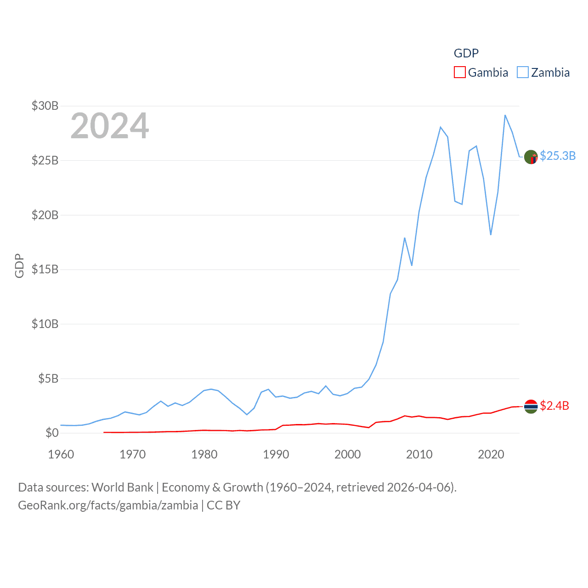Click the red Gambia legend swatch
[459, 73]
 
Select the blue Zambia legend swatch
[523, 73]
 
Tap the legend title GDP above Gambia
[466, 53]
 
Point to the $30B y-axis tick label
[45, 106]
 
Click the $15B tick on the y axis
[45, 269]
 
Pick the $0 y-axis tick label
[52, 433]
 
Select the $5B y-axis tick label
[48, 379]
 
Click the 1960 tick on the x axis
[61, 454]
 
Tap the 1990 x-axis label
[276, 454]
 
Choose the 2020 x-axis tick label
[491, 454]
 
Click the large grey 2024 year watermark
[109, 126]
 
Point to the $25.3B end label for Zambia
[558, 156]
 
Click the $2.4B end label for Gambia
[554, 406]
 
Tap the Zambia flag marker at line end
[531, 157]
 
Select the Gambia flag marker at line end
[531, 407]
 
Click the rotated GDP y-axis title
[19, 266]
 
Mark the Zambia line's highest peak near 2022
[505, 115]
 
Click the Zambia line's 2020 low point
[491, 235]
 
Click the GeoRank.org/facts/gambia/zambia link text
[108, 505]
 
